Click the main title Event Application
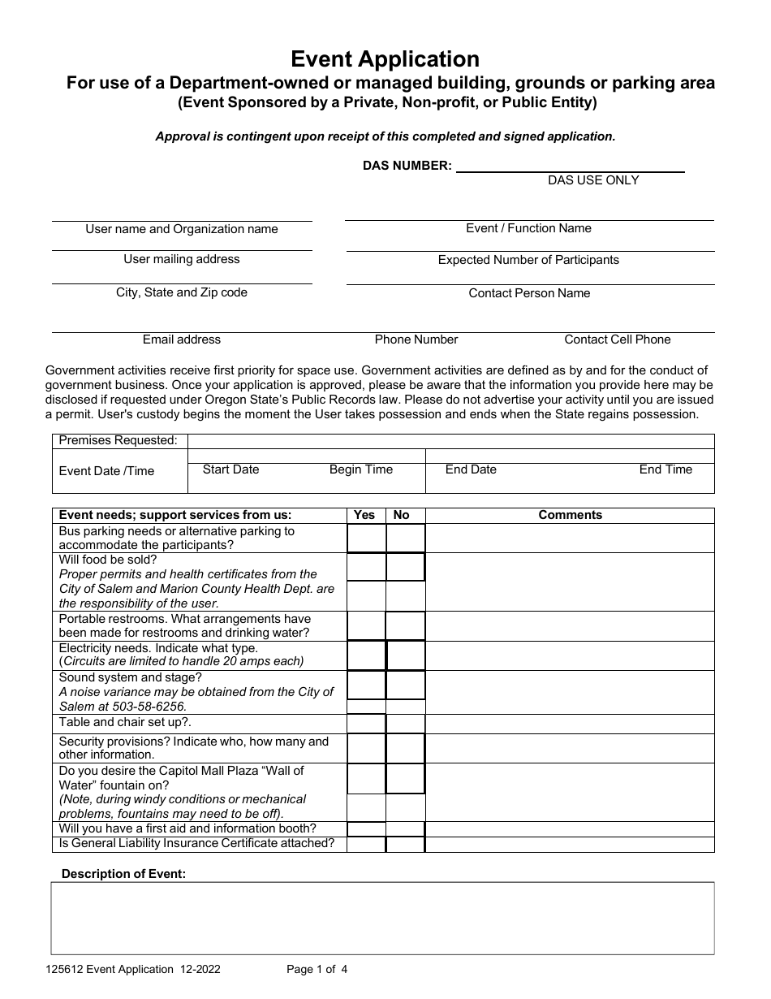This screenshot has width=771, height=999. point(385,59)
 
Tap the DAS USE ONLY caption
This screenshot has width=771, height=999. point(593,180)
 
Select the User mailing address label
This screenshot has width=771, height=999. point(182,259)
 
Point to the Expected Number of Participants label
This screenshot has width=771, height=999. point(528,260)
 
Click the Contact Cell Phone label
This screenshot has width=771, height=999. point(618,339)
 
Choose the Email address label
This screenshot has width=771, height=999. point(182,339)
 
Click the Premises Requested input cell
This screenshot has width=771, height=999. point(450,441)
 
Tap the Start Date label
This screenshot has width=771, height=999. point(231,469)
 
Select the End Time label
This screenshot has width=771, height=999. point(665,469)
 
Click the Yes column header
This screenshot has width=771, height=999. point(365,515)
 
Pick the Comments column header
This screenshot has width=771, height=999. point(570,515)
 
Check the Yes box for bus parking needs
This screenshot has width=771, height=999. point(366,538)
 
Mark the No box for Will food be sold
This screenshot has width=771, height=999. point(405,567)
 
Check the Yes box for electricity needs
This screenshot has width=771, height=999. point(366,655)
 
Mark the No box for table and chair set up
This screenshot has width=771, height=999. point(405,724)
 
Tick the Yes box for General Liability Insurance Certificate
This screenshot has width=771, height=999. point(366,845)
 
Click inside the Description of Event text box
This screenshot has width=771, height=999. point(382,918)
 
